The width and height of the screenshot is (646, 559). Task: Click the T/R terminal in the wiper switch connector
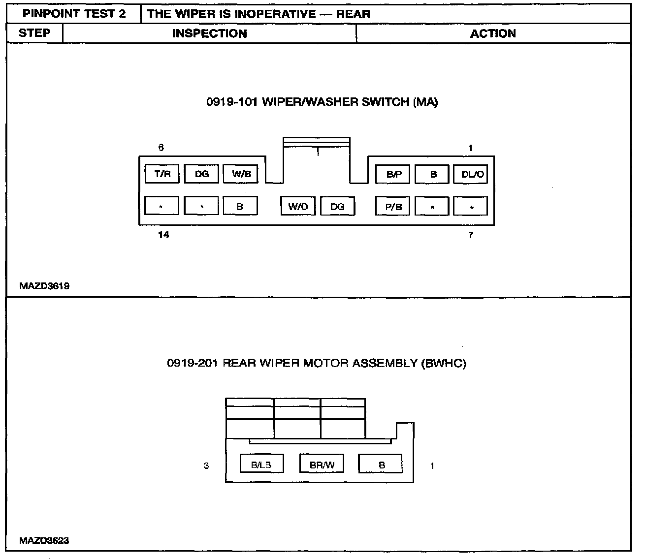click(162, 174)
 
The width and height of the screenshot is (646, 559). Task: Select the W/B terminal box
click(241, 174)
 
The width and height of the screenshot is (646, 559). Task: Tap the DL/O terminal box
click(472, 174)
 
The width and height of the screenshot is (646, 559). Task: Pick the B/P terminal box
click(393, 174)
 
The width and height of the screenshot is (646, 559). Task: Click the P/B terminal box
click(393, 207)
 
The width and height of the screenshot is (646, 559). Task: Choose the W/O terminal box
click(298, 207)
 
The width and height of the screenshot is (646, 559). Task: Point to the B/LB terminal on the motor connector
click(261, 465)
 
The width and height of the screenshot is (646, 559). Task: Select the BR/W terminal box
click(322, 465)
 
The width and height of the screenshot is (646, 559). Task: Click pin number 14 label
click(163, 235)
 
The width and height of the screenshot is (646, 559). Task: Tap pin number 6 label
click(161, 147)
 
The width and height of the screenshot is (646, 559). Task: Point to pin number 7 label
click(471, 235)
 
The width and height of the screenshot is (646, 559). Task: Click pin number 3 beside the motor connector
click(206, 466)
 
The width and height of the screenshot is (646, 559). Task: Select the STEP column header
click(34, 33)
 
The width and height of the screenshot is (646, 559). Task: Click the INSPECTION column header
click(209, 33)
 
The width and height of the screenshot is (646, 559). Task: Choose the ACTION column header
click(493, 33)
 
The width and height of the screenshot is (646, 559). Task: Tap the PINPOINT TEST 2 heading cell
click(74, 14)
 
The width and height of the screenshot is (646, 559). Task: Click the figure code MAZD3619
click(44, 286)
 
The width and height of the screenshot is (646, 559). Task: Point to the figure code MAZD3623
click(44, 540)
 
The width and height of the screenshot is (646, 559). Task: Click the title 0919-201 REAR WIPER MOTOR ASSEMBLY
click(317, 363)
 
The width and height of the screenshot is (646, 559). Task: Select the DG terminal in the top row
click(201, 174)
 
